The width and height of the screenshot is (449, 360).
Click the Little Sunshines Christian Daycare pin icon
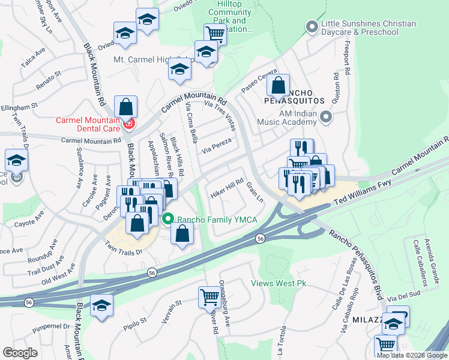coord(311,27)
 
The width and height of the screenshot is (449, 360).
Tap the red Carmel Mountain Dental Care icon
coord(128,124)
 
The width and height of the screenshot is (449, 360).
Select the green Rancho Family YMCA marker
coord(169,220)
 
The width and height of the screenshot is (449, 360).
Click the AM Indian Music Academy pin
coord(326,117)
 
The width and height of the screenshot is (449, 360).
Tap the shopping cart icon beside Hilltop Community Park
coord(215,34)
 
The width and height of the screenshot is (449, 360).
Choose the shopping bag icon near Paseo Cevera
coord(279,85)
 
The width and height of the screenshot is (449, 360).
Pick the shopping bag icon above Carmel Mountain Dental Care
coord(126,106)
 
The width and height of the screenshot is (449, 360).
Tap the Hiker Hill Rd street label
coord(227,187)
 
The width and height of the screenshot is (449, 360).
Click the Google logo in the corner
coord(20,353)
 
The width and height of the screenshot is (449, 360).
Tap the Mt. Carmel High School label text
coord(142,59)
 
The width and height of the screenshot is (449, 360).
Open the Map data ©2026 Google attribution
coord(412,355)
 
